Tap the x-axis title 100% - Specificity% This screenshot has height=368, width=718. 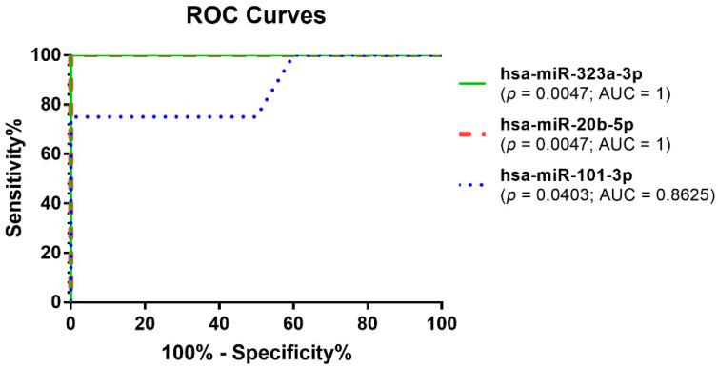255,352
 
